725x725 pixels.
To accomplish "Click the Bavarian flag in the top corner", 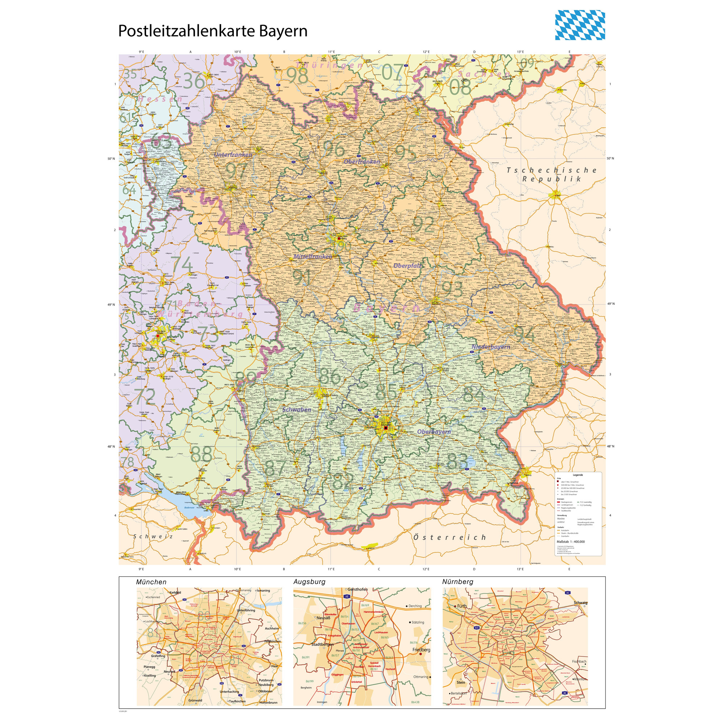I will click(x=580, y=25).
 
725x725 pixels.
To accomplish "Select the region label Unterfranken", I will click(x=233, y=155).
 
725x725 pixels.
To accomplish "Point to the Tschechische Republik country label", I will click(x=552, y=174).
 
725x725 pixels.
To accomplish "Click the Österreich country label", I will click(x=450, y=537).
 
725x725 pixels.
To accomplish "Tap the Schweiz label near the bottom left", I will click(x=153, y=536).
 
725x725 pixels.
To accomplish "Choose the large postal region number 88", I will click(x=202, y=455).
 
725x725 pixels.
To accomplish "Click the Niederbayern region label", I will click(x=491, y=347).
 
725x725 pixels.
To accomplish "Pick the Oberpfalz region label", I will click(x=407, y=266).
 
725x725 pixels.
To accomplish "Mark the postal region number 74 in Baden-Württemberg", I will click(x=182, y=265).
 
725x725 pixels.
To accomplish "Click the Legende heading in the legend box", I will click(x=578, y=475).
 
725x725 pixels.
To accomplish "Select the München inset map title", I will click(x=151, y=582).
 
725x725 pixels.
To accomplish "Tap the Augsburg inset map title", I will click(x=309, y=582).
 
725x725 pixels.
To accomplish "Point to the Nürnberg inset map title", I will click(x=457, y=582).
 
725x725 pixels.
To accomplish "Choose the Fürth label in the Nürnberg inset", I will click(x=462, y=606).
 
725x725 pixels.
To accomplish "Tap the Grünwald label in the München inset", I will click(x=195, y=700).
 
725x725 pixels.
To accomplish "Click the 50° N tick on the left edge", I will click(x=111, y=159).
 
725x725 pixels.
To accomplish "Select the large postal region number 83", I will click(x=457, y=461).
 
